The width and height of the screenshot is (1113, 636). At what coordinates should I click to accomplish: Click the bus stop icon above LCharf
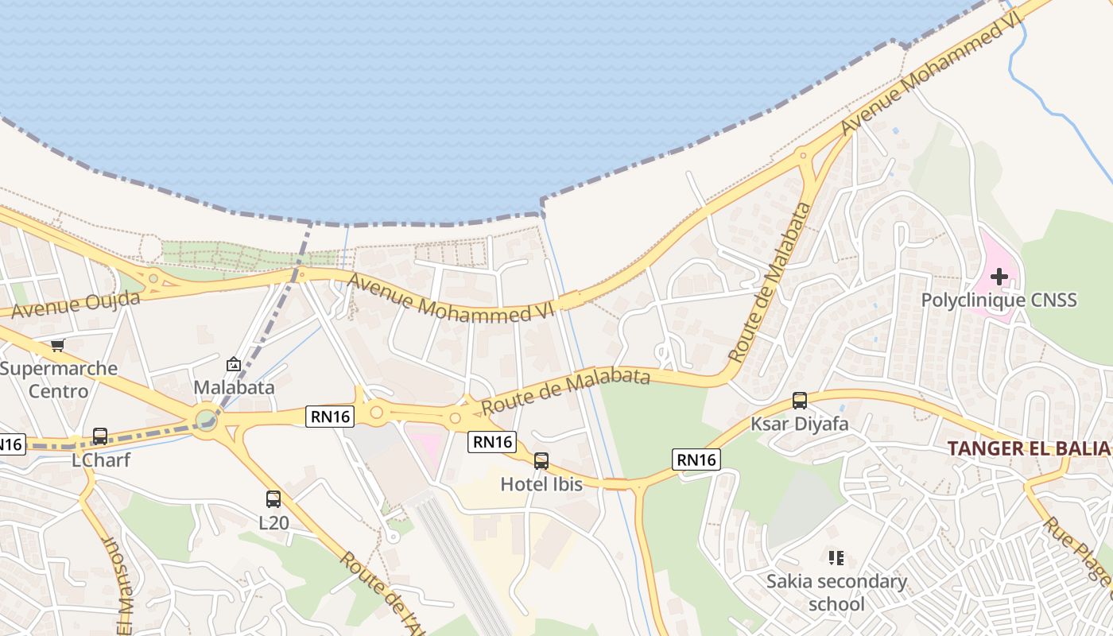coord(100,436)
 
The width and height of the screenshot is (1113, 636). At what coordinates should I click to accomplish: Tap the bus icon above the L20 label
coord(273,499)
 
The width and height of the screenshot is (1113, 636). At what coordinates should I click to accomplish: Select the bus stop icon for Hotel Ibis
coord(541,460)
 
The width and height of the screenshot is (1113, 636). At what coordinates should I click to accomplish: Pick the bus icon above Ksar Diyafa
coord(800,401)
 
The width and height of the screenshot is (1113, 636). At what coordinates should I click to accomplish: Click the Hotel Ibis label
coord(541,483)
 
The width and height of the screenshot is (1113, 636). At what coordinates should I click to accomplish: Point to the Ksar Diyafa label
coord(800,424)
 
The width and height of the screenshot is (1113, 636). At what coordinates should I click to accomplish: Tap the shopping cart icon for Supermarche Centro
coord(57,346)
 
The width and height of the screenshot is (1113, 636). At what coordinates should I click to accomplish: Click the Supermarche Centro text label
coord(59,379)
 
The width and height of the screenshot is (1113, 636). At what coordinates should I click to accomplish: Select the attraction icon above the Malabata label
coord(234,364)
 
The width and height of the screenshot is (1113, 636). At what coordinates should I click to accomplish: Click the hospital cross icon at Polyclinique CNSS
coord(999,277)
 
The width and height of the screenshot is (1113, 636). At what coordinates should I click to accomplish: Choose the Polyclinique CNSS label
coord(999,300)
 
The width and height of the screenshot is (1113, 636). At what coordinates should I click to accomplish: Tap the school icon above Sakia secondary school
coord(836,558)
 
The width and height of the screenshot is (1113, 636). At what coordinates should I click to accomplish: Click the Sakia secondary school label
coord(836,592)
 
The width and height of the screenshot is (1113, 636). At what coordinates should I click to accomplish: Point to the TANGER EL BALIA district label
coord(1028,448)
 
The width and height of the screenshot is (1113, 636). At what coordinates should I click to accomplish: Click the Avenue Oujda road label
coord(76,304)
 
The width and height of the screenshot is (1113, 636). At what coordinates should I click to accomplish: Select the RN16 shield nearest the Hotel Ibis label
coord(492,442)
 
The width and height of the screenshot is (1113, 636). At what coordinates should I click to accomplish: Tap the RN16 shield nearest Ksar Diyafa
coord(696,459)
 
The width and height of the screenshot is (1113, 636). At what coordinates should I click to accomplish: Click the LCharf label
coord(101,460)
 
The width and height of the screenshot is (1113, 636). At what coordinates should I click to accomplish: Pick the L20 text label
coord(273,523)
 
